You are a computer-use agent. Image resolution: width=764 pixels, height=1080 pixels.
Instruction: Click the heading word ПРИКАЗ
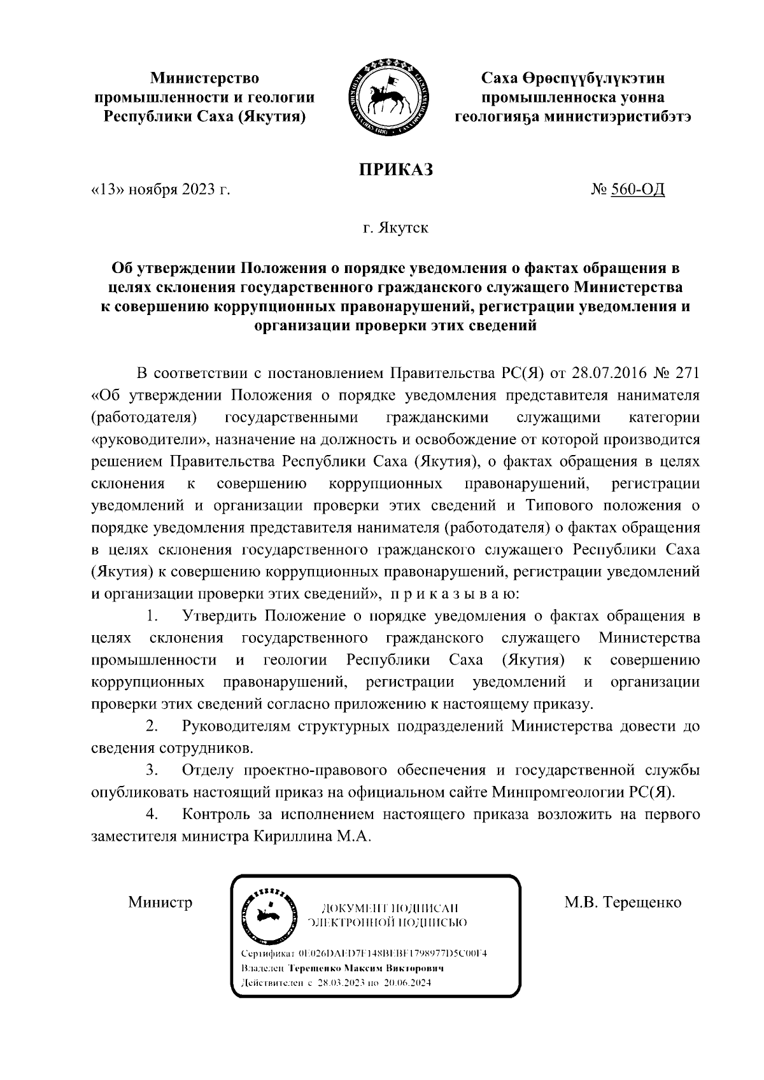[394, 169]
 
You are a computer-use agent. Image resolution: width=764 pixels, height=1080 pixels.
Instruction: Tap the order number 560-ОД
[637, 190]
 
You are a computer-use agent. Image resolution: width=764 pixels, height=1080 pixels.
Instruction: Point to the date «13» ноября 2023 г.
[160, 190]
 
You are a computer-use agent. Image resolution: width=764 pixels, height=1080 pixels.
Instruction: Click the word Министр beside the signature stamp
[160, 902]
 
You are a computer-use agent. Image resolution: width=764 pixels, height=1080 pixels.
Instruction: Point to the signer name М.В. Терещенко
[623, 902]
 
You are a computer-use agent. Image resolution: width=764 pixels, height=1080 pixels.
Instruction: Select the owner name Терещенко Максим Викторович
[366, 968]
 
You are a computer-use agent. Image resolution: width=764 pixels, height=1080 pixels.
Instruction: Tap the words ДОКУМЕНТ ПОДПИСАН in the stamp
[390, 908]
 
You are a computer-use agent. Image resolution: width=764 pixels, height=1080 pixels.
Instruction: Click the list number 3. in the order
[152, 771]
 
